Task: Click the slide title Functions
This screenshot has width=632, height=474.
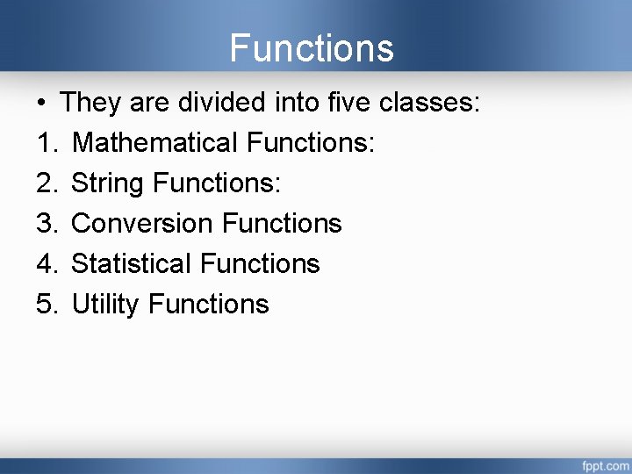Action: coord(312,47)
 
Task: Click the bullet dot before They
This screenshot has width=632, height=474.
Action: coord(41,104)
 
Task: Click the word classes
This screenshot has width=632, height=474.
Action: coord(429,103)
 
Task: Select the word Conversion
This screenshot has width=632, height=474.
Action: coord(142,223)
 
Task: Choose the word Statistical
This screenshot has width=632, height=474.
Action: coord(131,263)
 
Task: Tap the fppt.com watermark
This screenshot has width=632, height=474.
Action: coord(605,464)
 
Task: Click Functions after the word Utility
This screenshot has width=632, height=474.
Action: coord(209,304)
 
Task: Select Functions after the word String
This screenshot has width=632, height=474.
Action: coord(216,183)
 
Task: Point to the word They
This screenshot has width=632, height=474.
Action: coord(90,103)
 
